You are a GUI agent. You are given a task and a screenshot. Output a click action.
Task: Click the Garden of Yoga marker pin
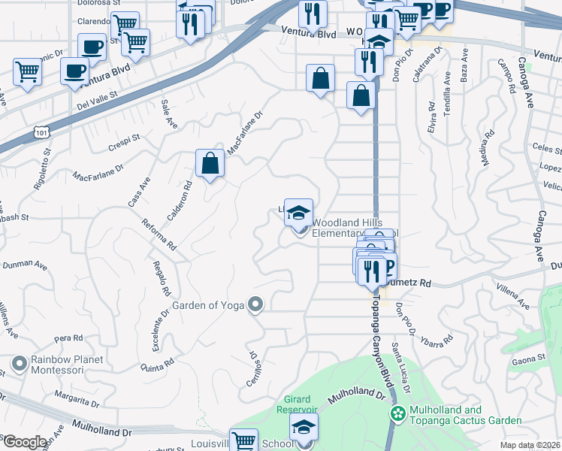click(255, 304)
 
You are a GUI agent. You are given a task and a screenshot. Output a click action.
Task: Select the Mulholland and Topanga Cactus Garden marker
click(397, 413)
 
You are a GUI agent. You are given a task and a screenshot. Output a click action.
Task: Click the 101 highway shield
click(41, 133)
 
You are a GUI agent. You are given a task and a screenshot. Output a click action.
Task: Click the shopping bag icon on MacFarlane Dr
click(210, 163)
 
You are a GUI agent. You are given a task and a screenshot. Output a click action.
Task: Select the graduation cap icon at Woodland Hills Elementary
click(298, 211)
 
